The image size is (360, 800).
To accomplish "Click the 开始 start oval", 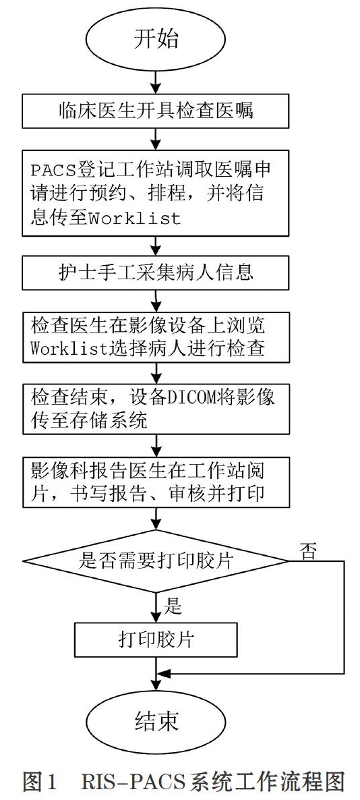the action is click(156, 40).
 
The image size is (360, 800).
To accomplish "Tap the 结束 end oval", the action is click(156, 722).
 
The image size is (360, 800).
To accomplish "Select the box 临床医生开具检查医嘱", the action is click(156, 111).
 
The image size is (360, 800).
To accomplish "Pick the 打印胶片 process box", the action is click(156, 639).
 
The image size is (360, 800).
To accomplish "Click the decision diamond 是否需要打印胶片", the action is click(156, 561).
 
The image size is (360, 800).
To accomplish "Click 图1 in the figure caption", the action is click(39, 781).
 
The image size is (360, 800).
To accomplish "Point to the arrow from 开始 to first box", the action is click(156, 82).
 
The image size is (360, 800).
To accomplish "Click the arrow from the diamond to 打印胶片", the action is click(156, 607).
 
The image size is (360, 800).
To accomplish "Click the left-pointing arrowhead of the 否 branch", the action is click(163, 673).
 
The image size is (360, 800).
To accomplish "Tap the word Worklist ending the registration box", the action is click(135, 219).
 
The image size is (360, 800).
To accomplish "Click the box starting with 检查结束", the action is click(156, 409).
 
